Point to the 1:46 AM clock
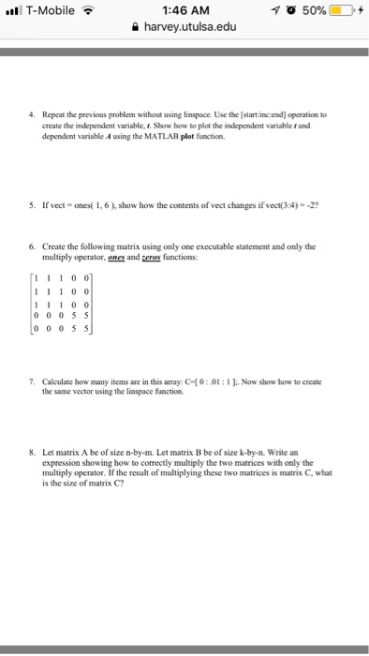point(184,9)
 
